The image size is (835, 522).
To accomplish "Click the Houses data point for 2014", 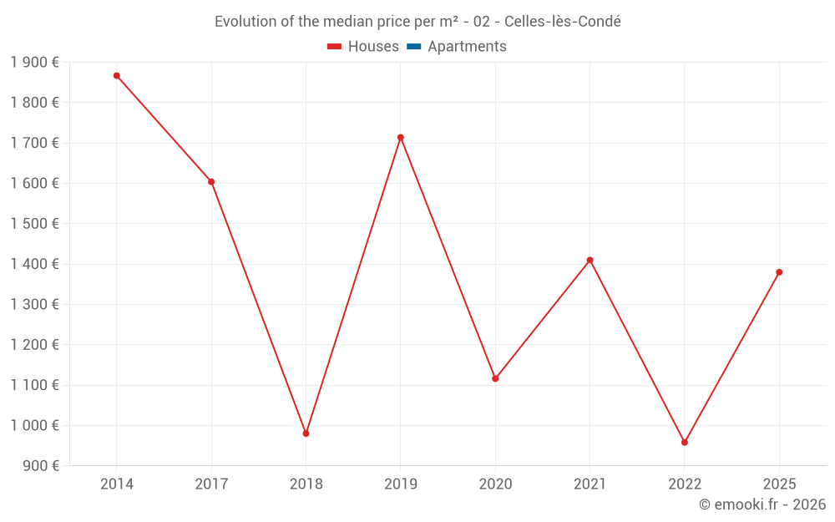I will (x=117, y=76).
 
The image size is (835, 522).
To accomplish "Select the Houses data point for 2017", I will (x=211, y=182).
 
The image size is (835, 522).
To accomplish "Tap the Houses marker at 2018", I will (x=306, y=433).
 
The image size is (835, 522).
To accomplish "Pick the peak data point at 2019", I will (x=401, y=138).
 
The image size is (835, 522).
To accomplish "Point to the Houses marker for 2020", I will (x=495, y=378).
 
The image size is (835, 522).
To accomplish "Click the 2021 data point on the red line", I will (x=590, y=260).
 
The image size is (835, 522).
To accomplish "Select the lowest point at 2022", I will (x=685, y=443).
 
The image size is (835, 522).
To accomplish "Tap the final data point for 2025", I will (x=779, y=272).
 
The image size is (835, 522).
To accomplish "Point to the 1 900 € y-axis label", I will (x=34, y=63).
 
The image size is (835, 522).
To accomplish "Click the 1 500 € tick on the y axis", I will (x=34, y=224).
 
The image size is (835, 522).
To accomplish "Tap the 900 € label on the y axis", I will (x=39, y=465).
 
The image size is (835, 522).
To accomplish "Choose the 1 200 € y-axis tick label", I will (x=34, y=345).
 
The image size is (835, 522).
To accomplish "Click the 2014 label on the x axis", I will (x=117, y=484).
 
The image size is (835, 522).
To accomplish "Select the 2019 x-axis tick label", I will (x=401, y=484).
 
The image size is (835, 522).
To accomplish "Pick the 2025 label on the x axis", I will (x=779, y=484).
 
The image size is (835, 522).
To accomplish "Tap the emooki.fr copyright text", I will (x=762, y=504).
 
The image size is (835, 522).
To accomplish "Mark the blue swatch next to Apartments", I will (x=413, y=47).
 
